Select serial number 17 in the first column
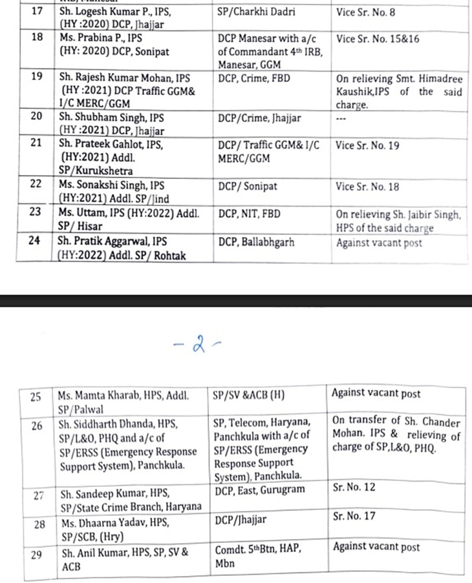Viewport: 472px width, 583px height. [36, 11]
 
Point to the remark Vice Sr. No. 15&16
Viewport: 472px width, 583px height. [378, 39]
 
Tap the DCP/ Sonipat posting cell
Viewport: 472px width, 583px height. [248, 187]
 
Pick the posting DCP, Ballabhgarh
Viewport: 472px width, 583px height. [256, 243]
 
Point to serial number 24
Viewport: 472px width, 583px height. [36, 242]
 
